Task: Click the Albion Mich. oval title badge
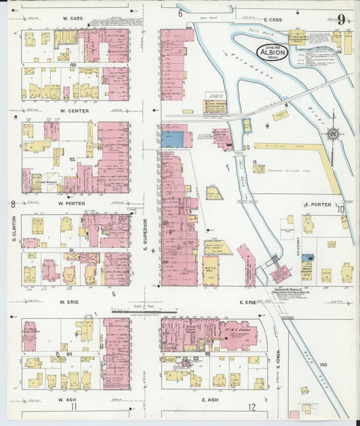click(272, 52)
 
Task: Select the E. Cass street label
click(273, 20)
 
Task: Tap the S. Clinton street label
click(14, 230)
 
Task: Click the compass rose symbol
click(332, 132)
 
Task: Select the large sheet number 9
click(341, 20)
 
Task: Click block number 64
click(70, 352)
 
